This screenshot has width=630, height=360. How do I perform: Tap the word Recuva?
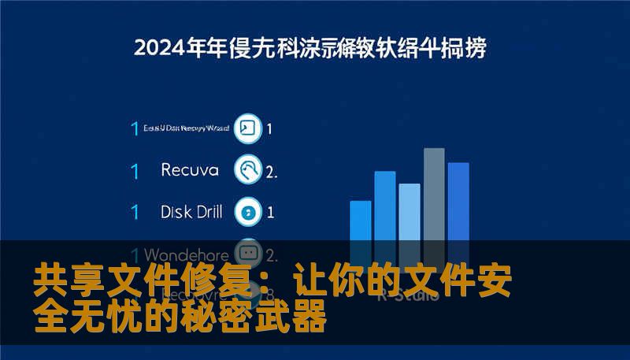click(188, 169)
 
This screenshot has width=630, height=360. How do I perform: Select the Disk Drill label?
click(191, 211)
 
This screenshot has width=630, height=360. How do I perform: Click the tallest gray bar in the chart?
click(434, 197)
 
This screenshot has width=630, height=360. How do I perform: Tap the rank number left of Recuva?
click(135, 170)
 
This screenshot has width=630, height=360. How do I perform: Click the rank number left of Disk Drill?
click(135, 212)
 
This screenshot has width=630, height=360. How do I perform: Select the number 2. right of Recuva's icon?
click(272, 170)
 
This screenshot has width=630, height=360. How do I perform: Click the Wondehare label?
click(187, 255)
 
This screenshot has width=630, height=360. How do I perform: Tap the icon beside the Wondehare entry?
click(249, 253)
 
